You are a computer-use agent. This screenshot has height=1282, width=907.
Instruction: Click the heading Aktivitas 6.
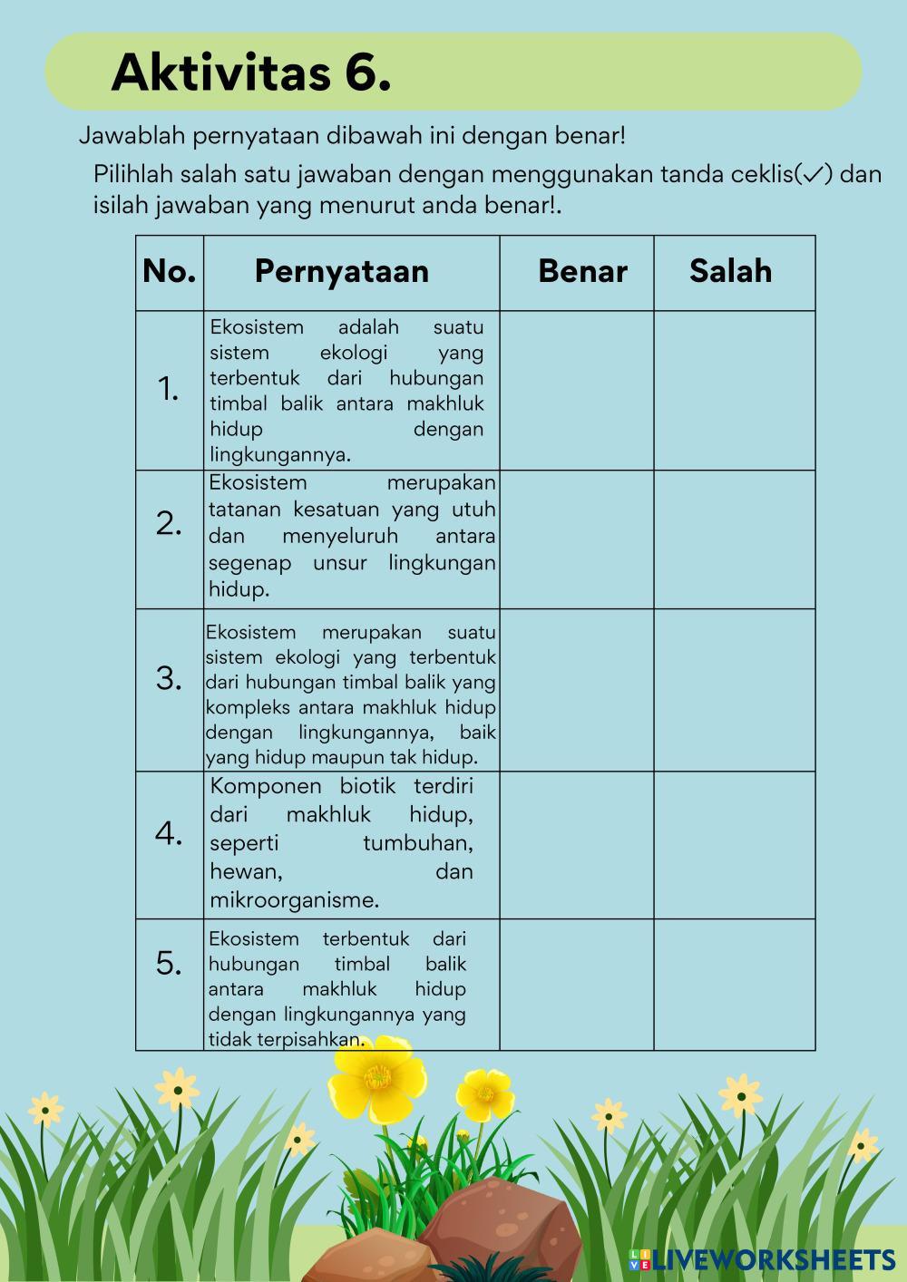251,73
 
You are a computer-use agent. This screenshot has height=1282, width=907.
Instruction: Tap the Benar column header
582,271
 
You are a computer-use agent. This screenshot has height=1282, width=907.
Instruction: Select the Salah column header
730,271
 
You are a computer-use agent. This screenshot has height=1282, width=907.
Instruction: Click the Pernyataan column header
342,271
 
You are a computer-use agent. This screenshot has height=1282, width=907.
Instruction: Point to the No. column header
170,271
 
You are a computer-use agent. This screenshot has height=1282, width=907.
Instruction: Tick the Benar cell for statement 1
576,390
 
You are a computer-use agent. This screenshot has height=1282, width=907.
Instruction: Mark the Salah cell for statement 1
735,390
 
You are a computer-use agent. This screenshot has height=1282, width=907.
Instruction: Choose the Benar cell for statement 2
576,539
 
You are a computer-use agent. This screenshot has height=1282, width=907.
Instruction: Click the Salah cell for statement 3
735,689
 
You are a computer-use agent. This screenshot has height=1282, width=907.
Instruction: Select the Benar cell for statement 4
576,844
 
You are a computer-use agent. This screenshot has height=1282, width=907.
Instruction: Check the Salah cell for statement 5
735,984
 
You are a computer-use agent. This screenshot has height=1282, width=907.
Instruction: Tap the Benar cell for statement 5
576,984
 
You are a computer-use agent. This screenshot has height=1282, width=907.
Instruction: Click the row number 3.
170,677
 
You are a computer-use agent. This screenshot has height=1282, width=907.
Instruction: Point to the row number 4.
170,832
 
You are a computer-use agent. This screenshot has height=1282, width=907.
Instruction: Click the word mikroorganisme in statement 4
295,900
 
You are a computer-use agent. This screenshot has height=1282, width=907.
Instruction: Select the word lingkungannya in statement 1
280,454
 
